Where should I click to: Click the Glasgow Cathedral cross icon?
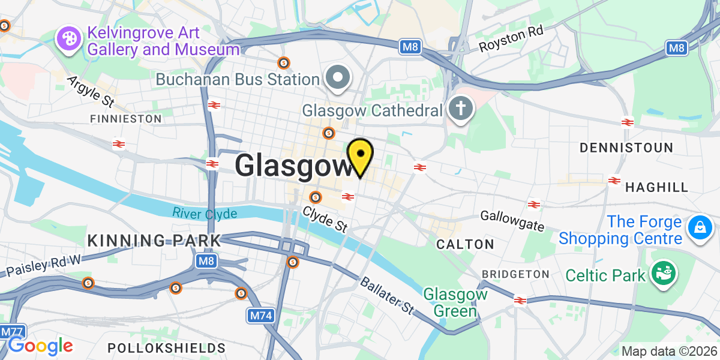(x=461, y=109)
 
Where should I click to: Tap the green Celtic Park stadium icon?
(x=664, y=274)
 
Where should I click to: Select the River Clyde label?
(x=205, y=213)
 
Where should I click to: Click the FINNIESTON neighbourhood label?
(x=125, y=119)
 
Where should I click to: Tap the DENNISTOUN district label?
(x=626, y=147)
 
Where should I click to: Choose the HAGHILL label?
(x=656, y=188)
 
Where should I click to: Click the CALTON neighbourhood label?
(x=465, y=244)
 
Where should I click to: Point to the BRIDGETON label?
(x=516, y=274)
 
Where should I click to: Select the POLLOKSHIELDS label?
(x=166, y=348)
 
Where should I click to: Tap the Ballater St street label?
(x=387, y=295)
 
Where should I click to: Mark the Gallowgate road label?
(x=512, y=221)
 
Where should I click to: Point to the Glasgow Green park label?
(x=450, y=302)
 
